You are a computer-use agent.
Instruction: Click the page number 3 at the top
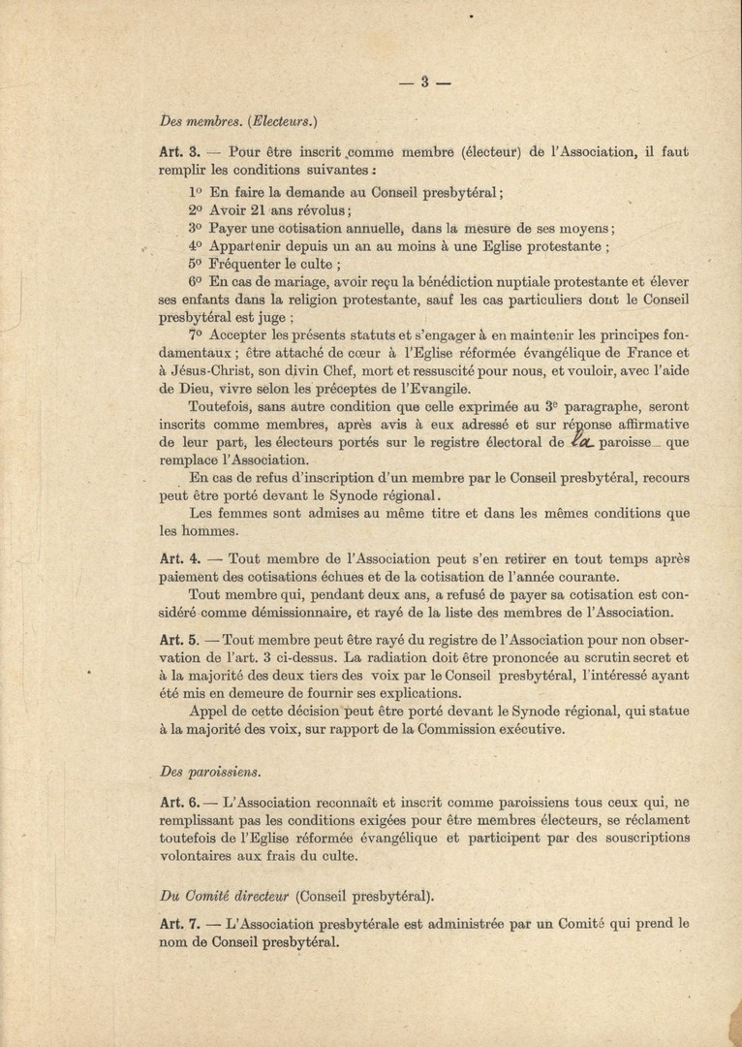424,82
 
